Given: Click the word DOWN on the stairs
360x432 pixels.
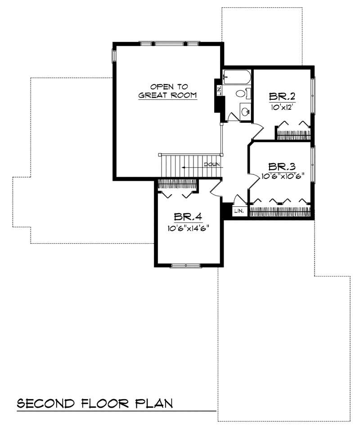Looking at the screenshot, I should (x=212, y=165).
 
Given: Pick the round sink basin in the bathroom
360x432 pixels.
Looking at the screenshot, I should (x=245, y=111).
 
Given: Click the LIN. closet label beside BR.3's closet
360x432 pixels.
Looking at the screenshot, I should (x=239, y=210).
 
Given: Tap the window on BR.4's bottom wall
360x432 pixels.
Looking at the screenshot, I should (x=185, y=266).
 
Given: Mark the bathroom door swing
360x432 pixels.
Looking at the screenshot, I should (x=234, y=116).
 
